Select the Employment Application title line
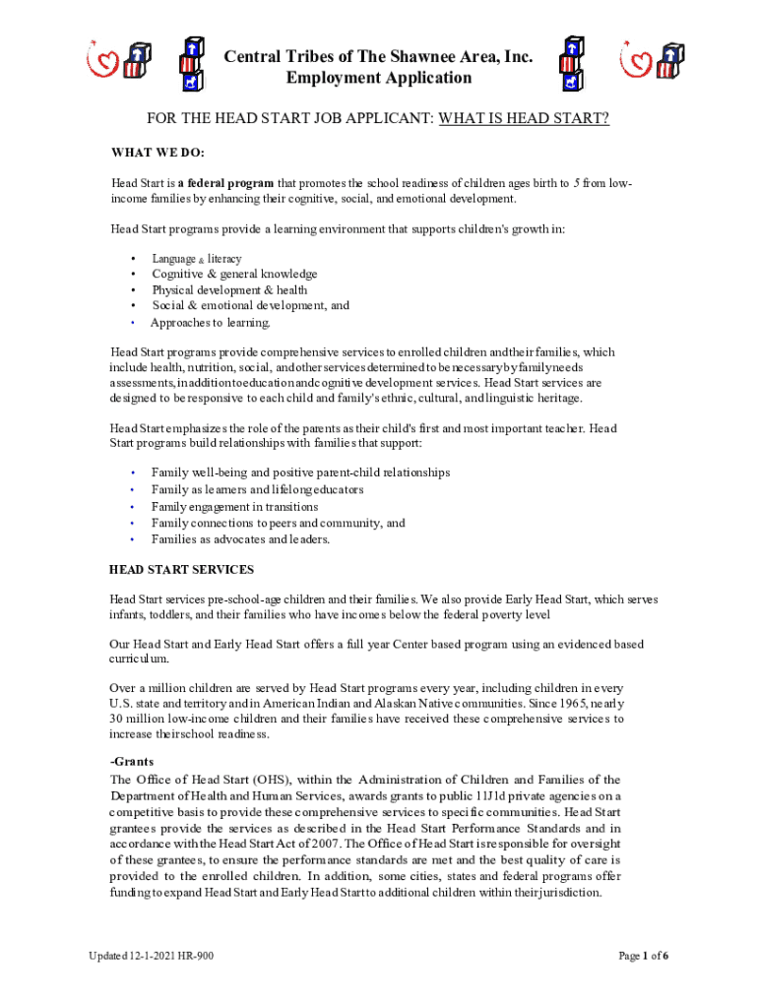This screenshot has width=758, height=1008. click(x=379, y=79)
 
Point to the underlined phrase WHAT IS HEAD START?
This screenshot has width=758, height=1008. click(x=524, y=119)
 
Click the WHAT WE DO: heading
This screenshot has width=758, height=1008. click(x=158, y=153)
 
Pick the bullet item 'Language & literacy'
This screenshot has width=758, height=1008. click(x=196, y=259)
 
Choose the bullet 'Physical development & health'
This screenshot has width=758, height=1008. click(x=229, y=290)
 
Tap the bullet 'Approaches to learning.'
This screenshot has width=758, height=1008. click(x=210, y=322)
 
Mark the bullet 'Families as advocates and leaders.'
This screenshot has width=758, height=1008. click(x=240, y=539)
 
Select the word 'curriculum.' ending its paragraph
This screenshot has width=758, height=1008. click(x=139, y=659)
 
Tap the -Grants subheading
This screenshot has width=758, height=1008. click(x=133, y=763)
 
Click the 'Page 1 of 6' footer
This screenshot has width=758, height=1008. click(x=644, y=956)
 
